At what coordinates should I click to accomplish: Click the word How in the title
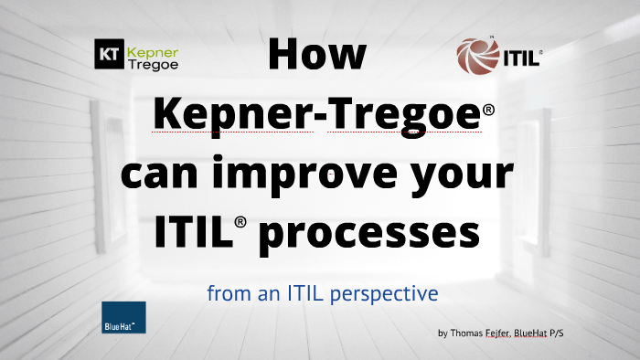[x=317, y=54]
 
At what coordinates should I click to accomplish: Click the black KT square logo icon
[x=109, y=55]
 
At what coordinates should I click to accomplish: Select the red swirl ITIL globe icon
[x=478, y=57]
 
